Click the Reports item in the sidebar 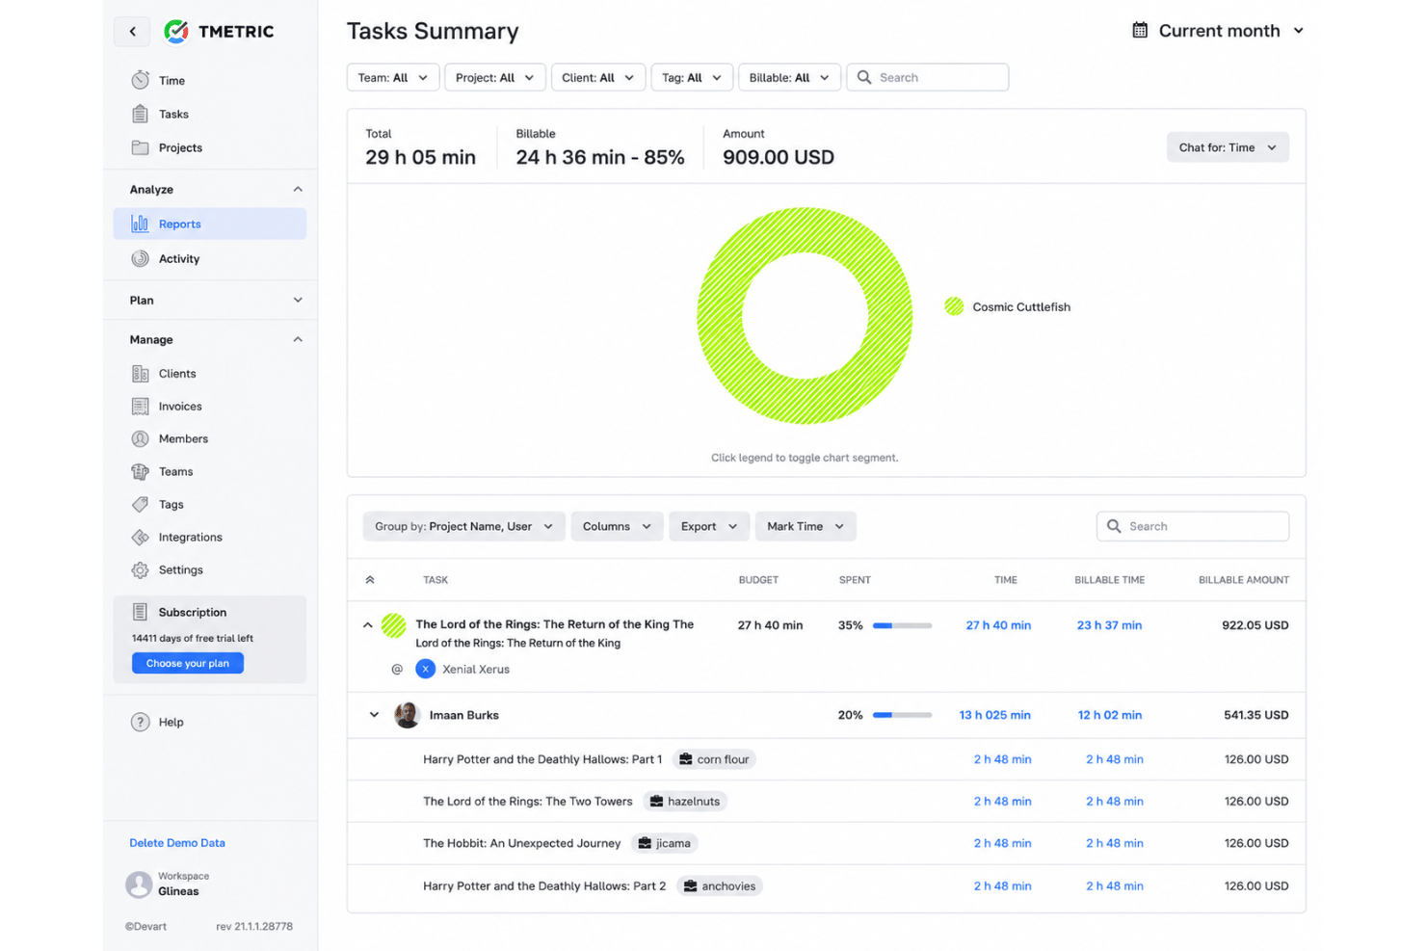[209, 224]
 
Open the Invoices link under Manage [179, 406]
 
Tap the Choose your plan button [188, 663]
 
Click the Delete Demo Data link [177, 842]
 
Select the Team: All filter [393, 77]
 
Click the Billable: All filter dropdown [789, 77]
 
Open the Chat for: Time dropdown [1228, 147]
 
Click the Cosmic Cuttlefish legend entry [1008, 306]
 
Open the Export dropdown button [708, 526]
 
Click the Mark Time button [805, 526]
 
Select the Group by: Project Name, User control [463, 526]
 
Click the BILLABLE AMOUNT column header [1243, 580]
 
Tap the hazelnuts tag [685, 801]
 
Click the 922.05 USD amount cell [1254, 625]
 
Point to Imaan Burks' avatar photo [407, 715]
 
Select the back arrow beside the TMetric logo [132, 31]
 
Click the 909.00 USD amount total [778, 157]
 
